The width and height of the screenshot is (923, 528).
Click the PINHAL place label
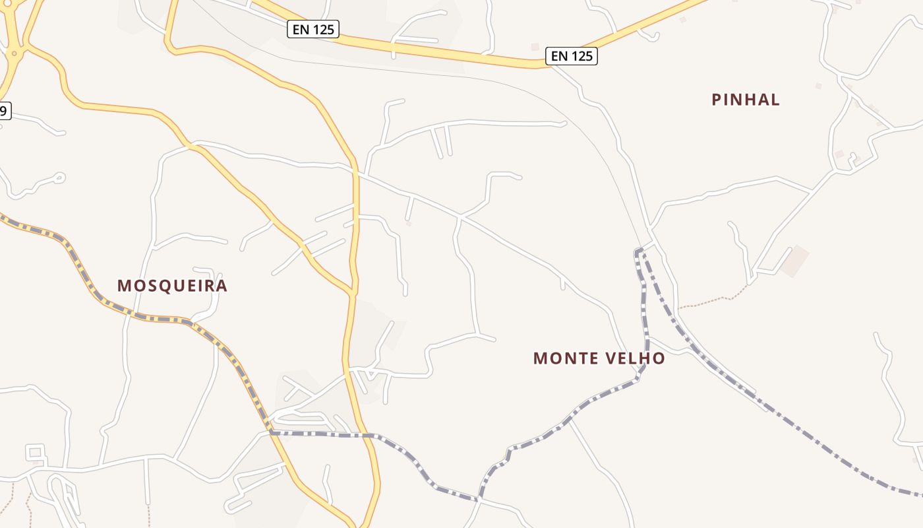coord(746,100)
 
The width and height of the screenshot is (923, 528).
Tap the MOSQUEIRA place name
coord(172,286)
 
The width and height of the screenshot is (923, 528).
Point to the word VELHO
coord(637,358)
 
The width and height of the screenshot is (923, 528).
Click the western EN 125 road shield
coord(313,29)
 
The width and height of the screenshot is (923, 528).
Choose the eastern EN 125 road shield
coord(572,56)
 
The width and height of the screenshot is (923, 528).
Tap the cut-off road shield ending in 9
coord(4,111)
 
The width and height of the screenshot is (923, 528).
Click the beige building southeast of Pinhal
coord(794,261)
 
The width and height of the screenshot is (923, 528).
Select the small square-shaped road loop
coord(36,453)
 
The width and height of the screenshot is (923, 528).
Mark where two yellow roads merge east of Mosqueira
coord(353,290)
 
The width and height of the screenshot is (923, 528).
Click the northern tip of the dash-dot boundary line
coord(638,250)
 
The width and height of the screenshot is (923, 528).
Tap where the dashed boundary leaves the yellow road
coord(271,432)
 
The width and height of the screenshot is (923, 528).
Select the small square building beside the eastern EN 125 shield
coord(535,47)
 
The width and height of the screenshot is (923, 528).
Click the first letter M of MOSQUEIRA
coord(123,286)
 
